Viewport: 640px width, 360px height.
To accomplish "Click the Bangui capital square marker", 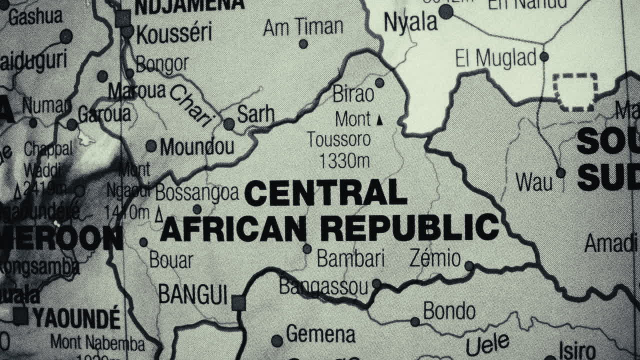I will tap(238, 302).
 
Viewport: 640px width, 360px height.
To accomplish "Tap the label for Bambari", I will tap(350, 259).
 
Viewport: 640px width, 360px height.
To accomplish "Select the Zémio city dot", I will tap(469, 266).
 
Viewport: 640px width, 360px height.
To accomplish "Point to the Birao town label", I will tap(353, 93).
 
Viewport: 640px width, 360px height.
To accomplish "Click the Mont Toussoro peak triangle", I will tap(379, 120).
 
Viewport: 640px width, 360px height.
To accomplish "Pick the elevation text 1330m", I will tap(344, 160).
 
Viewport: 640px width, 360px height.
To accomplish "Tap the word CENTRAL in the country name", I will tap(325, 193).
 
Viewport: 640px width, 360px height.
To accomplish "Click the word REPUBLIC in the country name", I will tap(409, 227).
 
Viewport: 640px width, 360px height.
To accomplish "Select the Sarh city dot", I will tap(229, 124).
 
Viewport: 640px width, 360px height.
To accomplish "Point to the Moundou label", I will tap(196, 147).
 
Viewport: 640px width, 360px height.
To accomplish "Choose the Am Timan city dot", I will tap(303, 44).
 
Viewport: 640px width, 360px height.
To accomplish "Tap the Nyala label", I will tap(410, 22).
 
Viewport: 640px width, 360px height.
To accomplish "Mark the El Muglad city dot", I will tap(544, 57).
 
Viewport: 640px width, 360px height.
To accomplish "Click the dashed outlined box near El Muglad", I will tap(575, 91).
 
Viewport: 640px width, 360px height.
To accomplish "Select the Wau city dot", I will tap(560, 173).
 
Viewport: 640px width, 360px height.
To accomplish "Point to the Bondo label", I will tap(449, 311).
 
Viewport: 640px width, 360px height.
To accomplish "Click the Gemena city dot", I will tap(277, 341).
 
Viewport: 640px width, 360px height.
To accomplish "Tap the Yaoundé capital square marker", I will tap(20, 316).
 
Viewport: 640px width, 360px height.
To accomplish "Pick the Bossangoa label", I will tap(196, 192).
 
